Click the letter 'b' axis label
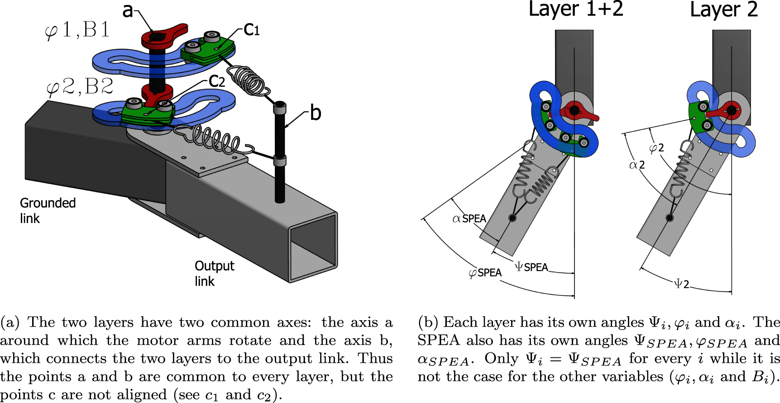tap(316, 113)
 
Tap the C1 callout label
tap(252, 30)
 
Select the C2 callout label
tap(217, 81)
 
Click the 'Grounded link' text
tap(47, 210)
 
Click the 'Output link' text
tap(214, 273)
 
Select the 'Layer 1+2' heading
tap(576, 9)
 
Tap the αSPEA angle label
tap(469, 219)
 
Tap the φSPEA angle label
tap(485, 273)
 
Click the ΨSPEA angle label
tap(531, 267)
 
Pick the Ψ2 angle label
tap(682, 284)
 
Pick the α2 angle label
tap(637, 165)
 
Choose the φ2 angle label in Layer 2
tap(656, 148)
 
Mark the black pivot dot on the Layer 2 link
tap(670, 218)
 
